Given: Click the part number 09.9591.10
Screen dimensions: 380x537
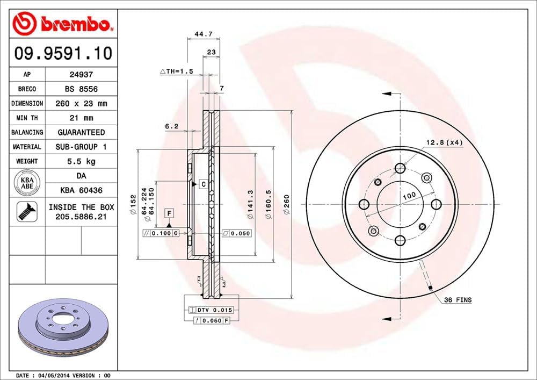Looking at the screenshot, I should pyautogui.click(x=63, y=53).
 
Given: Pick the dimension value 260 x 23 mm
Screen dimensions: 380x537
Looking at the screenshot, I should pyautogui.click(x=81, y=103).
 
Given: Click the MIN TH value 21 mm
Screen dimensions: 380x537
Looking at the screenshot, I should pyautogui.click(x=81, y=118).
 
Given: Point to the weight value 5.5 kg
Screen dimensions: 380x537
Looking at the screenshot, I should pyautogui.click(x=81, y=161).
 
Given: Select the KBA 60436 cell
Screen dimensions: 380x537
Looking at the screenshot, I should pyautogui.click(x=81, y=190).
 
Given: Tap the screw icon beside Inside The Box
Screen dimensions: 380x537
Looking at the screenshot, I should pyautogui.click(x=27, y=211).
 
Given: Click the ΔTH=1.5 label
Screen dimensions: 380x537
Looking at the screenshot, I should pyautogui.click(x=176, y=71).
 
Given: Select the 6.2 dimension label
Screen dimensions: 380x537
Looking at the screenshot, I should pyautogui.click(x=171, y=127).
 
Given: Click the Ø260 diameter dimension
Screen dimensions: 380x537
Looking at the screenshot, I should pyautogui.click(x=287, y=205).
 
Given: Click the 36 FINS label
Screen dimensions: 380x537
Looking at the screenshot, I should pyautogui.click(x=458, y=300).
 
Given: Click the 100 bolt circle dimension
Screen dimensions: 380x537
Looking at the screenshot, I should pyautogui.click(x=409, y=197).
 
